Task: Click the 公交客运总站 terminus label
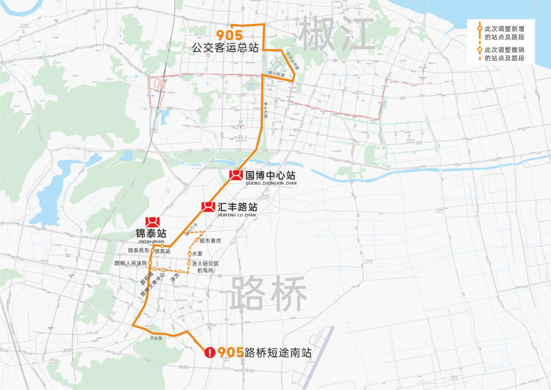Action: [x=225, y=48]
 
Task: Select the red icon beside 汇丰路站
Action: [x=208, y=206]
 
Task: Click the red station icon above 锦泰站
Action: [x=153, y=223]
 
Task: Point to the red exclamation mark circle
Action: [x=210, y=352]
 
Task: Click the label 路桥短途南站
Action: [x=278, y=353]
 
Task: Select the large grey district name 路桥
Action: [x=268, y=295]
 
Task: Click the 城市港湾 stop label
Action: [x=210, y=240]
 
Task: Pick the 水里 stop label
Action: [x=197, y=253]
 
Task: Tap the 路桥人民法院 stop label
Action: [x=131, y=263]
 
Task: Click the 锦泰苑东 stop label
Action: [x=139, y=251]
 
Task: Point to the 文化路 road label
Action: [x=156, y=338]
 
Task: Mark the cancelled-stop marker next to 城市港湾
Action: [x=196, y=240]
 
